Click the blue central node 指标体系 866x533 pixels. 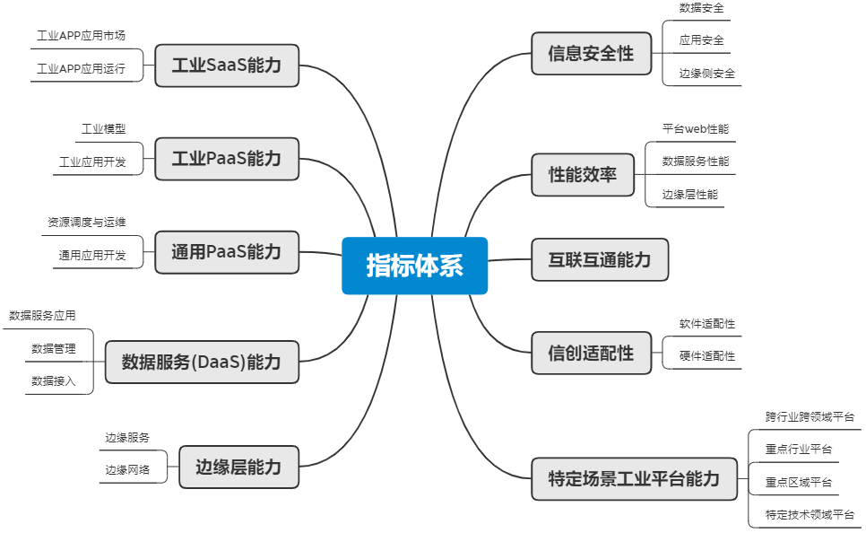tap(415, 266)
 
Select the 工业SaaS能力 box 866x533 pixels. tap(227, 66)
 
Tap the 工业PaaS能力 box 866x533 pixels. tap(227, 159)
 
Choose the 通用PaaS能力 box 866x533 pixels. tap(227, 252)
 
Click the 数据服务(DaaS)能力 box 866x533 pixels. tap(202, 363)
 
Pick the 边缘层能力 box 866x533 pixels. tap(239, 467)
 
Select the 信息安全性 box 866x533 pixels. tap(592, 54)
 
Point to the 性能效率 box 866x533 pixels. tap(583, 175)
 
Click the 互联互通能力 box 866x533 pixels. tap(600, 260)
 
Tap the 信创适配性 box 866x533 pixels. tap(592, 353)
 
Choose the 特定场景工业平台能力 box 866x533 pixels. tap(635, 479)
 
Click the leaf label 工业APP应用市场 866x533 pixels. tap(82, 36)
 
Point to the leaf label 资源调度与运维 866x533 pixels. tap(87, 223)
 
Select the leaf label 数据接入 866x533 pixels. tap(54, 381)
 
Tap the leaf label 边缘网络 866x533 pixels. tap(127, 470)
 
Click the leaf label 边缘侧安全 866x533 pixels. tap(707, 74)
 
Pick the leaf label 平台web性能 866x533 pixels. tap(696, 129)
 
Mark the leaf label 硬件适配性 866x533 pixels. tap(707, 356)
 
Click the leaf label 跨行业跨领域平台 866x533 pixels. tap(810, 417)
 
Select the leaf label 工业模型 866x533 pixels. tap(104, 129)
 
